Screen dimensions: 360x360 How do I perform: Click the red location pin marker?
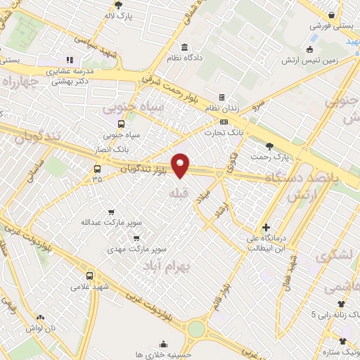[181, 165]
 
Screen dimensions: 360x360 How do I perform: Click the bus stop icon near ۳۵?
[96, 169]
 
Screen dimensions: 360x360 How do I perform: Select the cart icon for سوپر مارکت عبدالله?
[111, 212]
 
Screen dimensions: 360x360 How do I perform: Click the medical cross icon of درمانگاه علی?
[266, 227]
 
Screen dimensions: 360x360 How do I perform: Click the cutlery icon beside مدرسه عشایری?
[69, 60]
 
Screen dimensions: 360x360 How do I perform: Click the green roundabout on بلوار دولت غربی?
[196, 328]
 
